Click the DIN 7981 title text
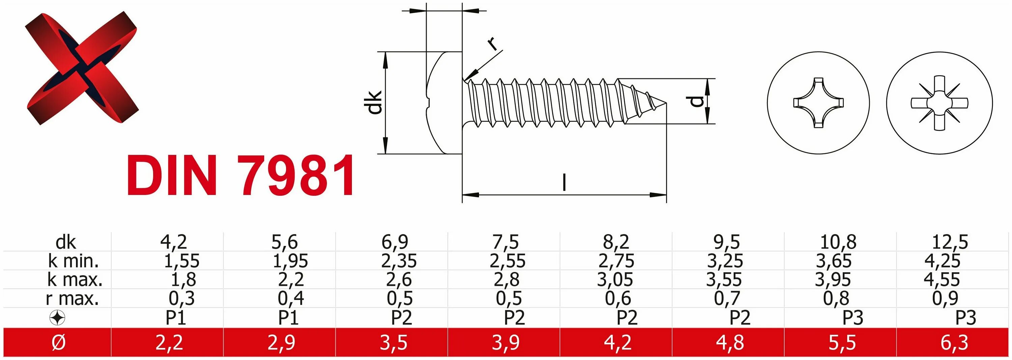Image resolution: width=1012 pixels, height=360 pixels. pos(241,175)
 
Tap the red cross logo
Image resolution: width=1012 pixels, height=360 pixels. pos(82,68)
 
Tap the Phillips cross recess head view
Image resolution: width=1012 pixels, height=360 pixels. pos(818,103)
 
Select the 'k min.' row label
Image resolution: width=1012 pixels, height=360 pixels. pos(73,260)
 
